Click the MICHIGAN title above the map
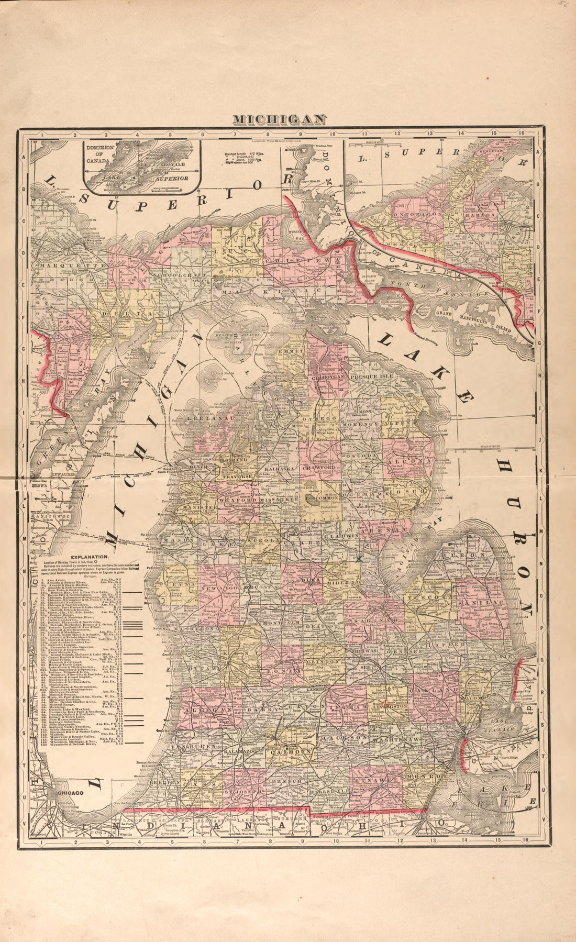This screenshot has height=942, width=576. coord(280,119)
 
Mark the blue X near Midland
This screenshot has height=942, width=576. coord(359,559)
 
